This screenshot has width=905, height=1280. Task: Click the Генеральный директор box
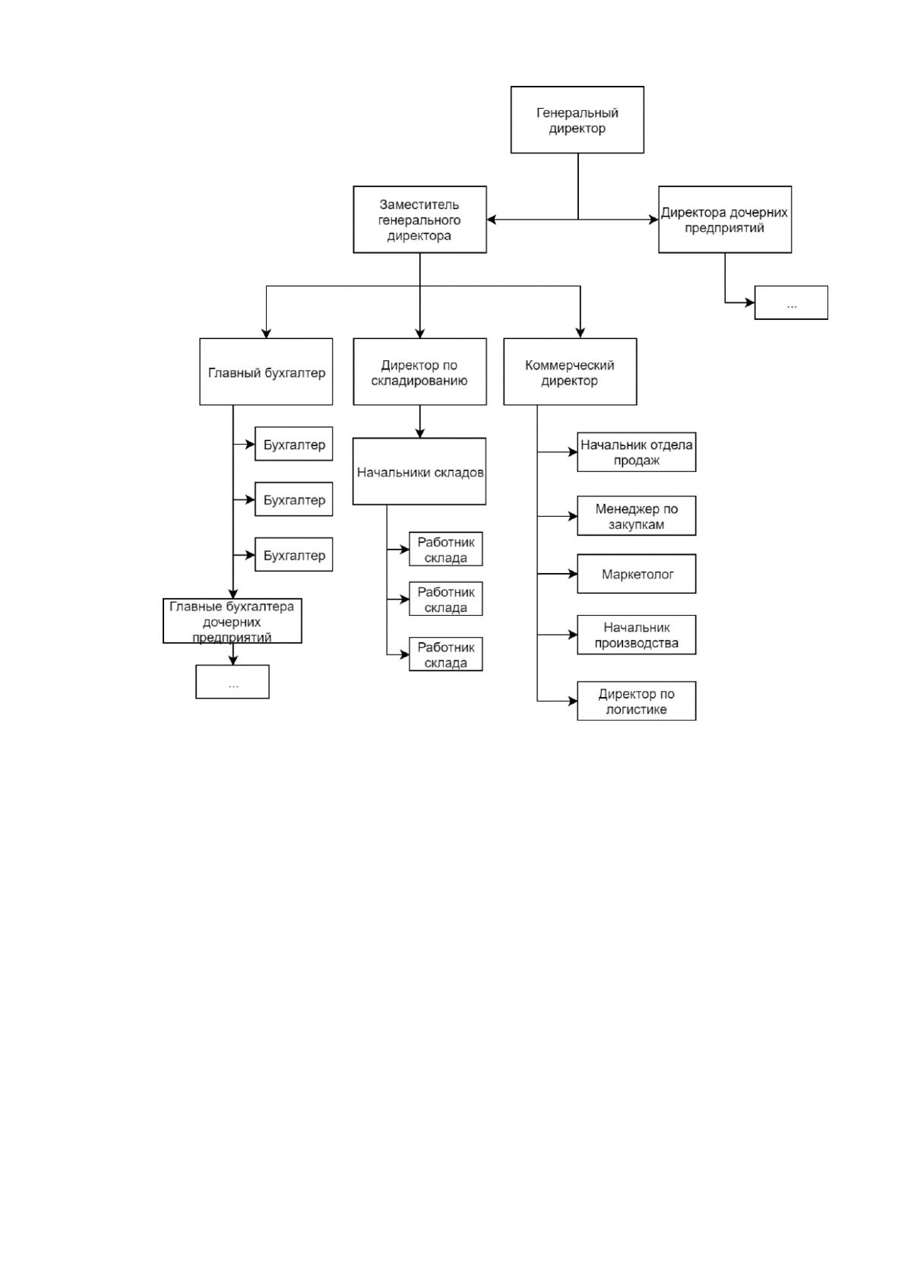(577, 120)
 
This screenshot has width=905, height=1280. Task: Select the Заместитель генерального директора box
(420, 220)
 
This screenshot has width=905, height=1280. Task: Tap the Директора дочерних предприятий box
(725, 220)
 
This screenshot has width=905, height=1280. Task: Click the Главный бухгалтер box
(266, 372)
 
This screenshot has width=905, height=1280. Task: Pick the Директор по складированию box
(420, 372)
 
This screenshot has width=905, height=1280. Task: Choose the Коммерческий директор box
(570, 372)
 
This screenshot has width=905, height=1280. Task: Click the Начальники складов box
(419, 471)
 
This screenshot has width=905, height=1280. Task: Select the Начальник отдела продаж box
(637, 452)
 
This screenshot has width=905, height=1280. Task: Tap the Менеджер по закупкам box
(637, 516)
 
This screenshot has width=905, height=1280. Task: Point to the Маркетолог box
(637, 574)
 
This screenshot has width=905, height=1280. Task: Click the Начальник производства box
(637, 635)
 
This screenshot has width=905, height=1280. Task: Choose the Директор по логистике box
(637, 701)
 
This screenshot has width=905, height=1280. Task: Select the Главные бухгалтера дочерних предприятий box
(233, 621)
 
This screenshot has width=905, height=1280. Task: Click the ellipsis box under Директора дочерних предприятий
(791, 303)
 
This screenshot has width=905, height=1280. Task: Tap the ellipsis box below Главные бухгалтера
(233, 682)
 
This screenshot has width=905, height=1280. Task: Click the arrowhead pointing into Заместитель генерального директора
(492, 220)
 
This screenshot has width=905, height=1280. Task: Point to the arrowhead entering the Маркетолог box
(572, 574)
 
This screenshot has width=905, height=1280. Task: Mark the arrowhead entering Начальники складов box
(420, 433)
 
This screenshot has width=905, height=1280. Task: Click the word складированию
(419, 381)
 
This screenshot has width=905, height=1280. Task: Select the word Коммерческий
(570, 365)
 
